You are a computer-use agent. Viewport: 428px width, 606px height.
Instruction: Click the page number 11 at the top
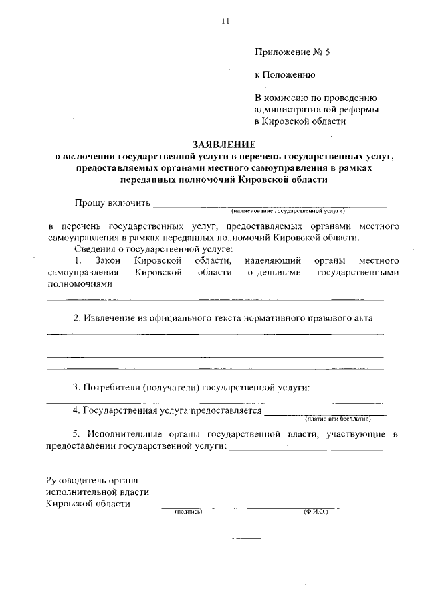click(x=225, y=21)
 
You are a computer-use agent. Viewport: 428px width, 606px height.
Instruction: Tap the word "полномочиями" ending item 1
click(x=80, y=284)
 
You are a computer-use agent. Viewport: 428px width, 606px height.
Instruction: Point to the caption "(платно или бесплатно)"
click(x=337, y=419)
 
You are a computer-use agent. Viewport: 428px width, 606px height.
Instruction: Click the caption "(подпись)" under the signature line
click(x=188, y=512)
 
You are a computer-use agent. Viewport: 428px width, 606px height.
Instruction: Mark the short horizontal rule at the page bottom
click(x=227, y=538)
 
